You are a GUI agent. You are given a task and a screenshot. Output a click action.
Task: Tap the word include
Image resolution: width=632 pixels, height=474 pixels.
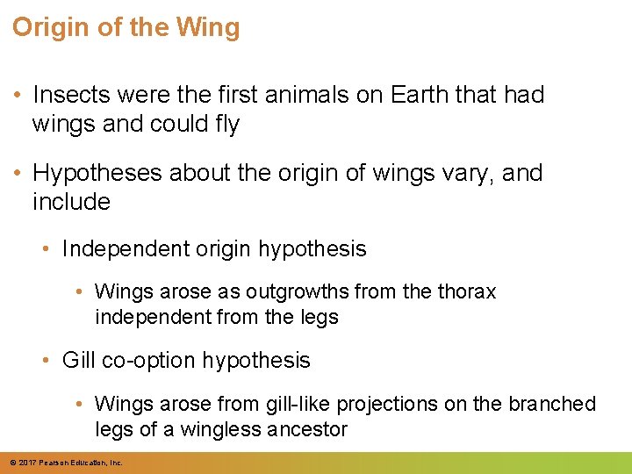click(71, 202)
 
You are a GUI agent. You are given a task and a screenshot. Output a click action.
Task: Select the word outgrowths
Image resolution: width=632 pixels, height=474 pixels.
click(290, 291)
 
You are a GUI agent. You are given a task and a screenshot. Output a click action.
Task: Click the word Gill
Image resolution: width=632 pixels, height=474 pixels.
click(78, 360)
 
